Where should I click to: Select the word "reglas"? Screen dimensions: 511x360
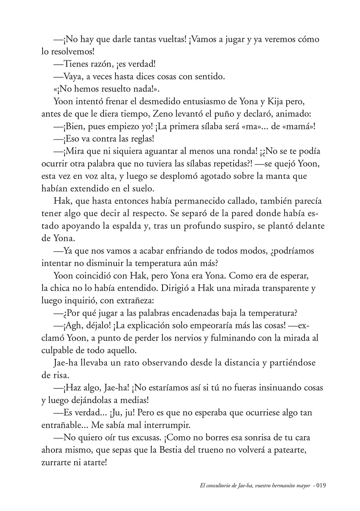click(x=141, y=139)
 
